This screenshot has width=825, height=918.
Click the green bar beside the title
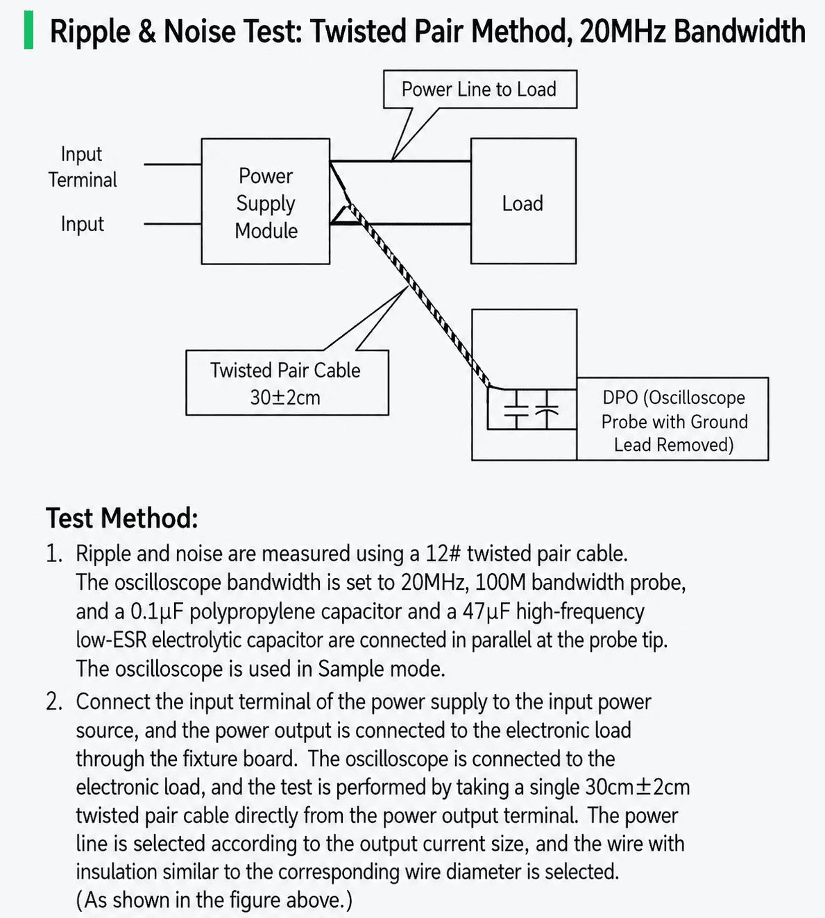pos(28,31)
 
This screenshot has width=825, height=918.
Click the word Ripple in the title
pos(90,32)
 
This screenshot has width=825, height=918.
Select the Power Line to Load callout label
pos(479,90)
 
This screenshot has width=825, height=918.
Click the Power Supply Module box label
pos(266,203)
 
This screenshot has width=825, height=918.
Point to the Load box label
pos(522,203)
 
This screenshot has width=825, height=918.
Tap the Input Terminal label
pos(83,167)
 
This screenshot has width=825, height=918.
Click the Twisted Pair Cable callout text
pos(285,371)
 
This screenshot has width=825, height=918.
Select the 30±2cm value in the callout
pos(285,397)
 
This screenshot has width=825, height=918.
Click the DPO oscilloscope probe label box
pos(673,418)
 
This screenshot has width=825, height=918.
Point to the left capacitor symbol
pos(516,409)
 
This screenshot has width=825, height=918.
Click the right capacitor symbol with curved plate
pos(547,409)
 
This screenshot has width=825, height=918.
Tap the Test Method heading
pos(122,518)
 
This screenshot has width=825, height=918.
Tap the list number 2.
pos(53,702)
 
